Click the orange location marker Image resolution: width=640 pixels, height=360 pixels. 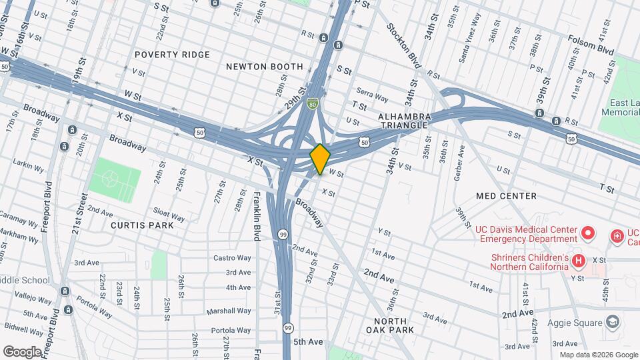pyautogui.click(x=320, y=159)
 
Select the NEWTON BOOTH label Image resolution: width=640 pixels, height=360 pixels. pyautogui.click(x=265, y=67)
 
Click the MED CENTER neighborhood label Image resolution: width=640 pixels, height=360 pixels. pyautogui.click(x=507, y=196)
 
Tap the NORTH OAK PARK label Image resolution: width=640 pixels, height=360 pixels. pyautogui.click(x=390, y=325)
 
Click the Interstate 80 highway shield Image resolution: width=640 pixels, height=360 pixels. pyautogui.click(x=313, y=104)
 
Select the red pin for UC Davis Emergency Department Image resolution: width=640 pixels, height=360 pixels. pyautogui.click(x=587, y=233)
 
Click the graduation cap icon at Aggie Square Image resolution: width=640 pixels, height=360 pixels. pyautogui.click(x=611, y=323)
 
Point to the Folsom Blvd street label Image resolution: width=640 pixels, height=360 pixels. pyautogui.click(x=591, y=50)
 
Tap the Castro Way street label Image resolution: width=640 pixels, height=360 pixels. pyautogui.click(x=232, y=258)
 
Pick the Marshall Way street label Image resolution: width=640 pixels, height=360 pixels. pyautogui.click(x=228, y=311)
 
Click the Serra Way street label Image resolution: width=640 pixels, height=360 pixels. pyautogui.click(x=372, y=98)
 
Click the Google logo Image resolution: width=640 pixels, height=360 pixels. pyautogui.click(x=23, y=351)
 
